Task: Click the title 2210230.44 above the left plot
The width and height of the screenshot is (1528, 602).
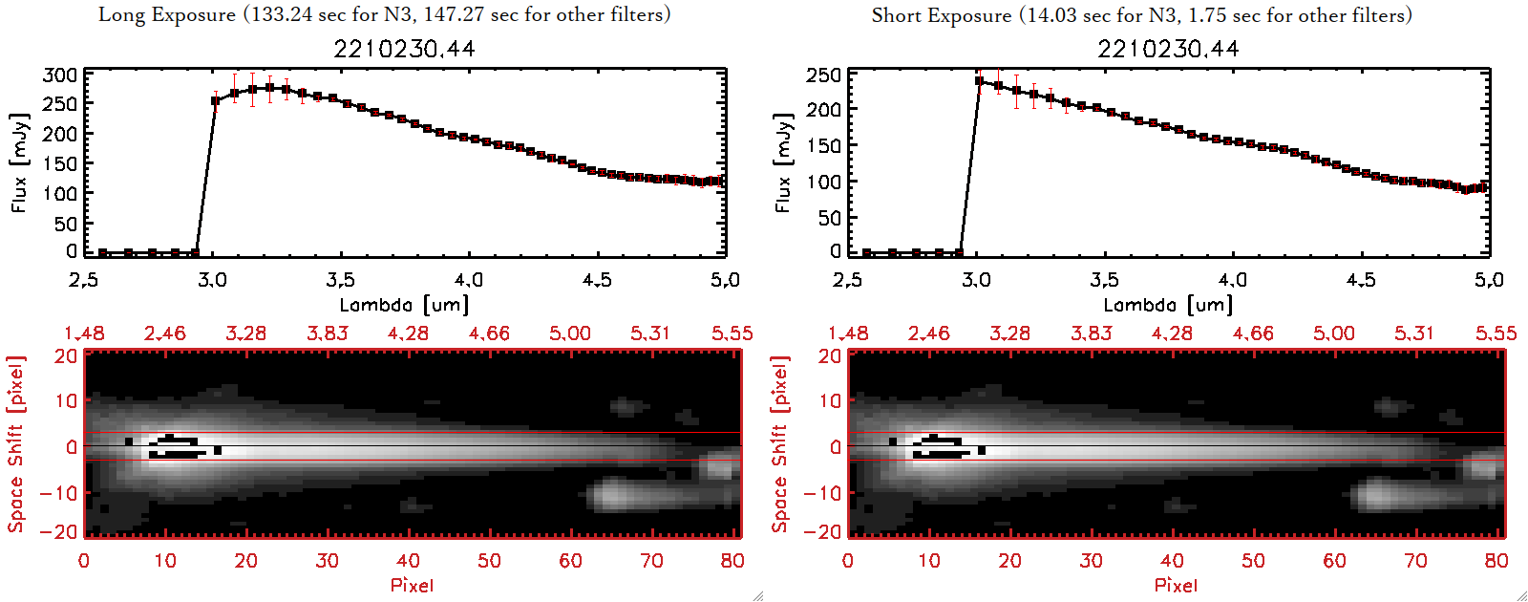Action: point(404,49)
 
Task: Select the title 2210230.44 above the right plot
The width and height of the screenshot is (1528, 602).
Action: point(1168,49)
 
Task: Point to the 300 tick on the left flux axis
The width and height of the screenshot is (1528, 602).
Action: point(60,75)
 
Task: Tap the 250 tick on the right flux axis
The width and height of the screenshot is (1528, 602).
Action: point(824,75)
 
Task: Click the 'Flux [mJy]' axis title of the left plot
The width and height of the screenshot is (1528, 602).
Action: point(20,162)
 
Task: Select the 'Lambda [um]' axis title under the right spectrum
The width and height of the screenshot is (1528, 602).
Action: point(1168,305)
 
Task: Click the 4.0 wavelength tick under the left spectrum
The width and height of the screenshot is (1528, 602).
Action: point(469,280)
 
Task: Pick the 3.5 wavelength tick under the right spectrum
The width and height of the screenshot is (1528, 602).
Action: point(1104,280)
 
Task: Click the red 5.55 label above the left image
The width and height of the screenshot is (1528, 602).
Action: point(732,333)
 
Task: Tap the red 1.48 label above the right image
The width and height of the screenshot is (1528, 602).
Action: point(848,333)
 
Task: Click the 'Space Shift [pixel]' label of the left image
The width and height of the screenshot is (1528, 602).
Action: point(16,444)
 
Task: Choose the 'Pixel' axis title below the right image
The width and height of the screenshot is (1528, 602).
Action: point(1176,585)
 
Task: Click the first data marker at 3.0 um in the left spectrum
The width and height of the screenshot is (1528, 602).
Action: point(215,100)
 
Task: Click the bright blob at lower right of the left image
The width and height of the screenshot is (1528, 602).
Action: point(616,495)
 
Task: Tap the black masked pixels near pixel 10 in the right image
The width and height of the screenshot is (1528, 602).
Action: point(940,447)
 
